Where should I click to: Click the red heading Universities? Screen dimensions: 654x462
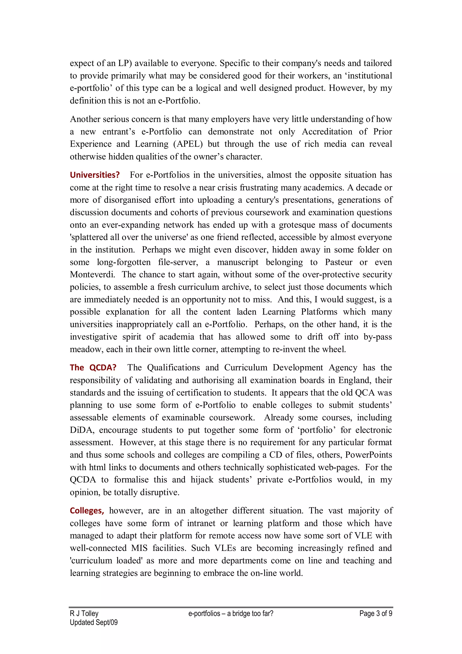(95, 175)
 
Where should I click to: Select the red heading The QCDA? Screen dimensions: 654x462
(93, 367)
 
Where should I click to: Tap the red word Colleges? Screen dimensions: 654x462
(87, 511)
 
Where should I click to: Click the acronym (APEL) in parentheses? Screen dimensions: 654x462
(188, 144)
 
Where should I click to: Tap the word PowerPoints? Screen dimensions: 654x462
(368, 455)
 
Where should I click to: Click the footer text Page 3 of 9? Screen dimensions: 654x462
(376, 613)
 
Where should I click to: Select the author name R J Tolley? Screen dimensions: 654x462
(84, 613)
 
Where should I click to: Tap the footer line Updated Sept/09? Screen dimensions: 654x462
(94, 622)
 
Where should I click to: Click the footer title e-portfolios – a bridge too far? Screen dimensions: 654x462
(231, 613)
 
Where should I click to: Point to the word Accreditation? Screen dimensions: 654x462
(327, 132)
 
